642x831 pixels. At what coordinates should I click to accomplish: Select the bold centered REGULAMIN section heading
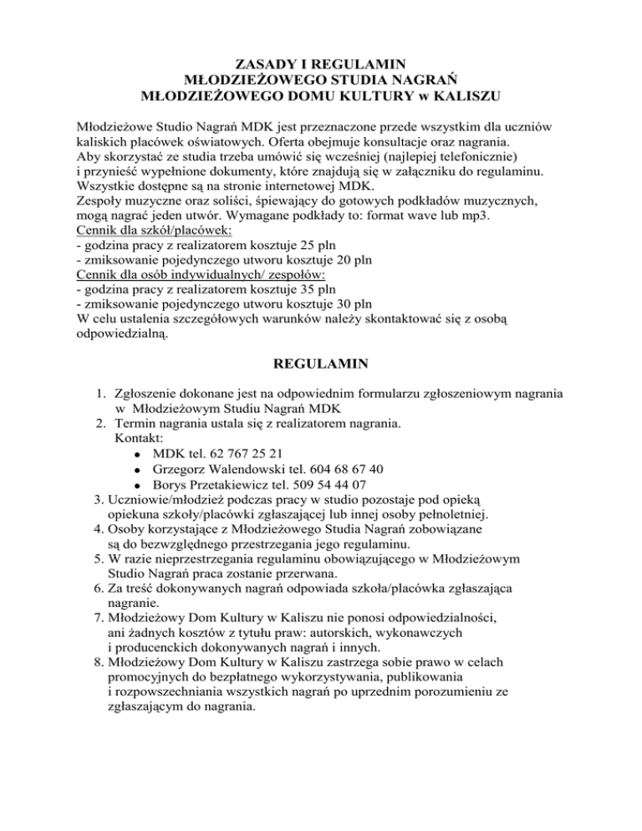click(x=321, y=365)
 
